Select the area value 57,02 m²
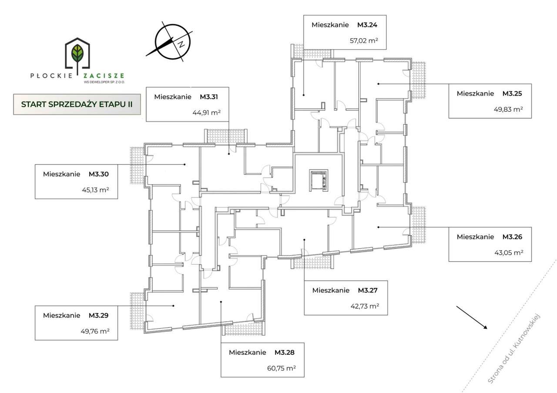364,42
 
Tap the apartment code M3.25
512,93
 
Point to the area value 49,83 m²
510,110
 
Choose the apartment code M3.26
512,237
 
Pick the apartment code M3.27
367,290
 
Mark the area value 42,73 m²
365,306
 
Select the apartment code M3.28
284,352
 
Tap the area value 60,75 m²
282,368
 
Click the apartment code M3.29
98,315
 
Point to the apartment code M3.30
98,174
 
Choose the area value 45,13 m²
95,190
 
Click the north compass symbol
173,41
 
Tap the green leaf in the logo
78,53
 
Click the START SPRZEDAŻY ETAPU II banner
77,104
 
